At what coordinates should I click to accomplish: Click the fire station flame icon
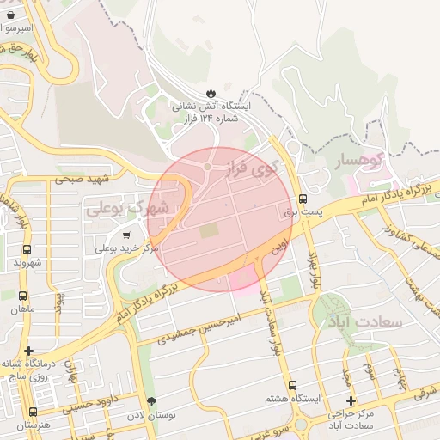(x=211, y=93)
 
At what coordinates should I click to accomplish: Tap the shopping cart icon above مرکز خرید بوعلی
(x=127, y=235)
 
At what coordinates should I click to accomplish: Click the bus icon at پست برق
(x=302, y=199)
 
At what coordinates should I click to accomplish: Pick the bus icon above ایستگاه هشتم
(x=292, y=385)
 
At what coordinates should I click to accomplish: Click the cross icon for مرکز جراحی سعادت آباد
(x=351, y=400)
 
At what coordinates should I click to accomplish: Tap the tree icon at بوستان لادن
(x=152, y=401)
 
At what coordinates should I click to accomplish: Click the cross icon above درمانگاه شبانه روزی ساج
(x=29, y=351)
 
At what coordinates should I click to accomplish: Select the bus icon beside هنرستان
(x=33, y=412)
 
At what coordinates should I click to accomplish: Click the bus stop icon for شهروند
(x=27, y=249)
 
